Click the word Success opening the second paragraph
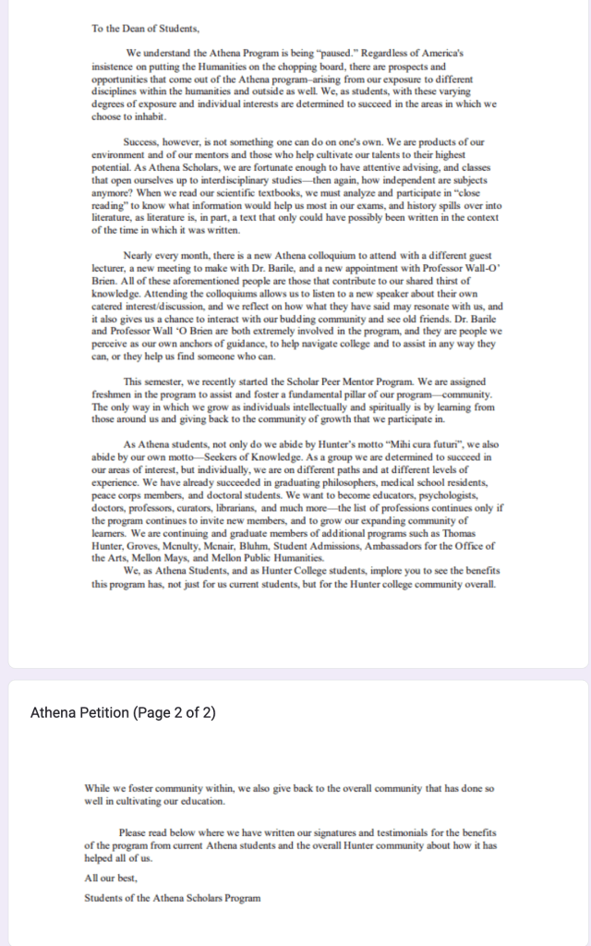click(141, 141)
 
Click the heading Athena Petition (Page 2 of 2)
click(123, 713)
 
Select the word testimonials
click(339, 832)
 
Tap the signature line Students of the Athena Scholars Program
click(173, 897)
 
